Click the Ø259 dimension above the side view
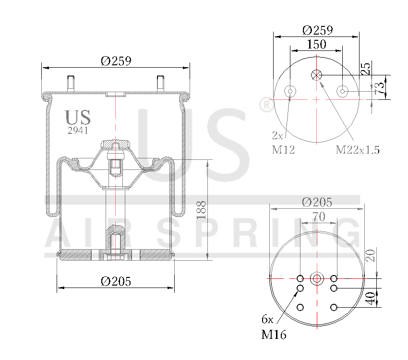pos(116,61)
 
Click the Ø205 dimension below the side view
pos(116,282)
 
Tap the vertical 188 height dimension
pos(202,210)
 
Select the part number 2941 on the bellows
pos(77,130)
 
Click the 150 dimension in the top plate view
pos(316,44)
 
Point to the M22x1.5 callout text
pos(358,150)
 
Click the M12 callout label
pos(283,150)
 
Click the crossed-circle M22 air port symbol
pos(316,75)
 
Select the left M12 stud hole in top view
pos(290,91)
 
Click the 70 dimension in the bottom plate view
pos(318,217)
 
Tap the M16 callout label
pos(274,335)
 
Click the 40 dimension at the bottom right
pos(370,298)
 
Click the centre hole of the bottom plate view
pos(317,278)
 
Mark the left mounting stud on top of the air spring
pos(71,84)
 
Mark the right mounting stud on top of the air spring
pos(160,84)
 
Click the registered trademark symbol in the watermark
pos(265,105)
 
